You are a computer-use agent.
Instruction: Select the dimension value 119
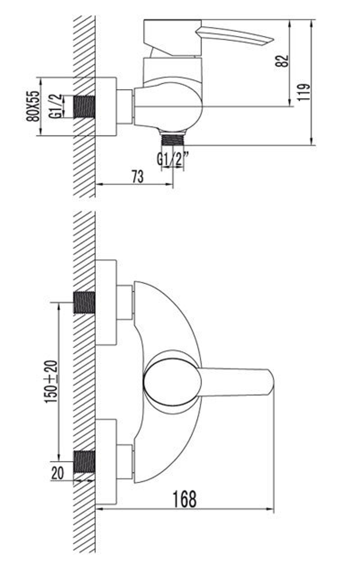tap(304, 92)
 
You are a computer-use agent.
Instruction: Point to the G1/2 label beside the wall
tap(55, 106)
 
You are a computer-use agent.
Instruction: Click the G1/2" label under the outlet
tap(173, 158)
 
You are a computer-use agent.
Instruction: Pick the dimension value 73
tap(138, 177)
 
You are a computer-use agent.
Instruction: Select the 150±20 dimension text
tap(51, 381)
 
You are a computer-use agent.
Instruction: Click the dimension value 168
tap(185, 499)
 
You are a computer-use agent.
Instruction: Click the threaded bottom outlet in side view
tap(173, 139)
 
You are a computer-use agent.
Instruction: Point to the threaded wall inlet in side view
tap(84, 107)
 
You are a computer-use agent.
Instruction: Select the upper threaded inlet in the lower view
tap(84, 303)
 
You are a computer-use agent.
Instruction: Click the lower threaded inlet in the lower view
tap(84, 462)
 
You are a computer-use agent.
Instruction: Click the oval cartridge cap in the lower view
tap(172, 382)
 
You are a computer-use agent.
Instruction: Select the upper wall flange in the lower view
tap(106, 303)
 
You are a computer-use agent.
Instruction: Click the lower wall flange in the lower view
tap(106, 462)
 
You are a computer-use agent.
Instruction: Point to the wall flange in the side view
tap(106, 107)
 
